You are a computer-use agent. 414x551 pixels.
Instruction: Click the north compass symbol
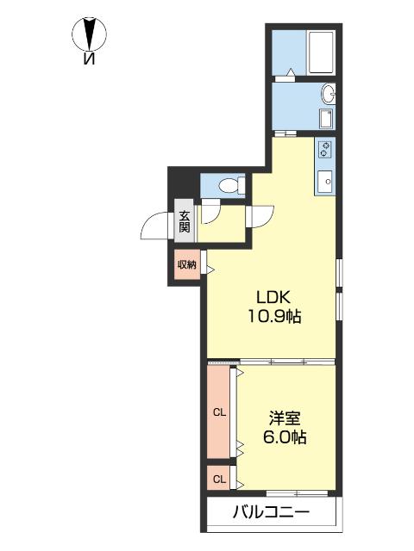tap(90, 34)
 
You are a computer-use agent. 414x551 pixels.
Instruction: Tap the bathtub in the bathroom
tap(321, 53)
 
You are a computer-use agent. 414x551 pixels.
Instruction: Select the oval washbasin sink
tap(329, 94)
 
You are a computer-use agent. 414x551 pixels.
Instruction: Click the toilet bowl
tap(229, 185)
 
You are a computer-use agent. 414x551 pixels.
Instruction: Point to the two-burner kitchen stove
tap(325, 149)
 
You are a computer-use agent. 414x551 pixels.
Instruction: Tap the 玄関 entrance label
tap(185, 221)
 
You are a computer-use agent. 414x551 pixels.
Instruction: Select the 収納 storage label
tap(186, 264)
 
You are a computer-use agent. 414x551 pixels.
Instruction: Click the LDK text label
tap(273, 298)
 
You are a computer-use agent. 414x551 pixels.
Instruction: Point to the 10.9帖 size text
tap(274, 316)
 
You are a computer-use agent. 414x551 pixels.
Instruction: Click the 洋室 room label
tap(285, 419)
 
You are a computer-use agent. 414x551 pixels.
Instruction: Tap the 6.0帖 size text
tap(285, 437)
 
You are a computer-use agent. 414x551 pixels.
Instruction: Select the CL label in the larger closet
tap(219, 412)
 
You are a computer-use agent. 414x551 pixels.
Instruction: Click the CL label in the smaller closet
tap(219, 479)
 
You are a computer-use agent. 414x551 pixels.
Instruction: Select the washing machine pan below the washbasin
tap(326, 119)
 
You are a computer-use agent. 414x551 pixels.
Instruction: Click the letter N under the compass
tap(90, 59)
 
